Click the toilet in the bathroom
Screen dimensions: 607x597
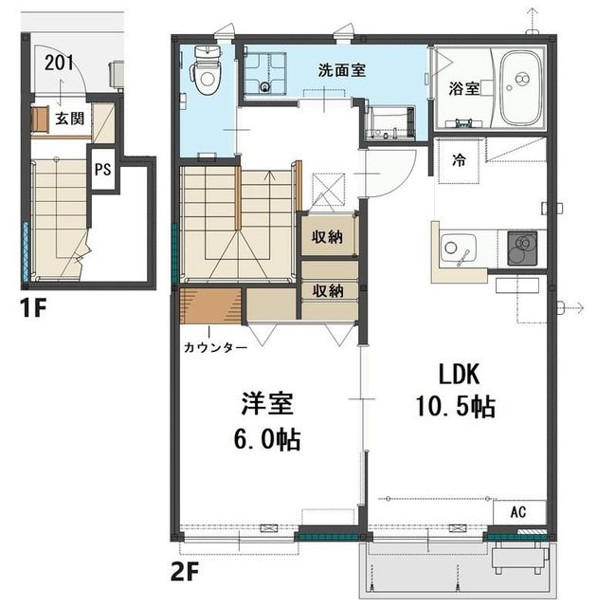pos(205,70)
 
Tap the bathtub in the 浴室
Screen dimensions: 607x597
pos(521,88)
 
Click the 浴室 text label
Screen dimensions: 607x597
pos(465,88)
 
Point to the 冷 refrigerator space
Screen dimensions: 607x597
pos(459,159)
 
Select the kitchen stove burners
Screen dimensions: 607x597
pos(522,248)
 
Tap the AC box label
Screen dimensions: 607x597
pos(518,511)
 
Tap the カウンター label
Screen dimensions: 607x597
pos(215,347)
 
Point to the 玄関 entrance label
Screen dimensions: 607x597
pos(70,119)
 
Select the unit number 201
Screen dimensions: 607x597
pos(59,64)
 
